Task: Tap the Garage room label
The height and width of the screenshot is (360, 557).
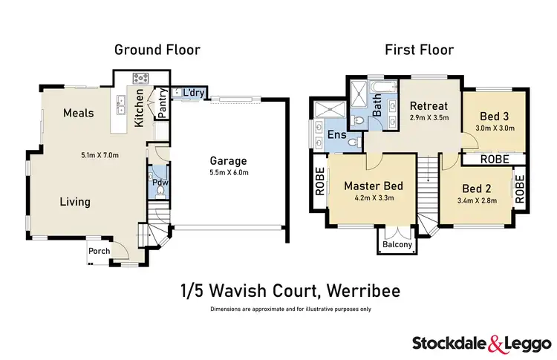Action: [x=229, y=160]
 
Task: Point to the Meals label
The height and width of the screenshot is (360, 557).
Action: [x=78, y=113]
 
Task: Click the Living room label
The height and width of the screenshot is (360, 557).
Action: [x=75, y=201]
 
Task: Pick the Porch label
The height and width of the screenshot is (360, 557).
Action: [x=99, y=251]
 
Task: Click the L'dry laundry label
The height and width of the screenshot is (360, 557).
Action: [x=189, y=93]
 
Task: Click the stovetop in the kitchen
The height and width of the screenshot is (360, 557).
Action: [x=140, y=77]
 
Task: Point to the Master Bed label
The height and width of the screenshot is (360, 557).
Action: [x=373, y=186]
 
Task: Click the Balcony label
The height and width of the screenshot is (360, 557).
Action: [x=394, y=245]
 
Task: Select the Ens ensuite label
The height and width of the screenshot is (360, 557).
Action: [x=335, y=135]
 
